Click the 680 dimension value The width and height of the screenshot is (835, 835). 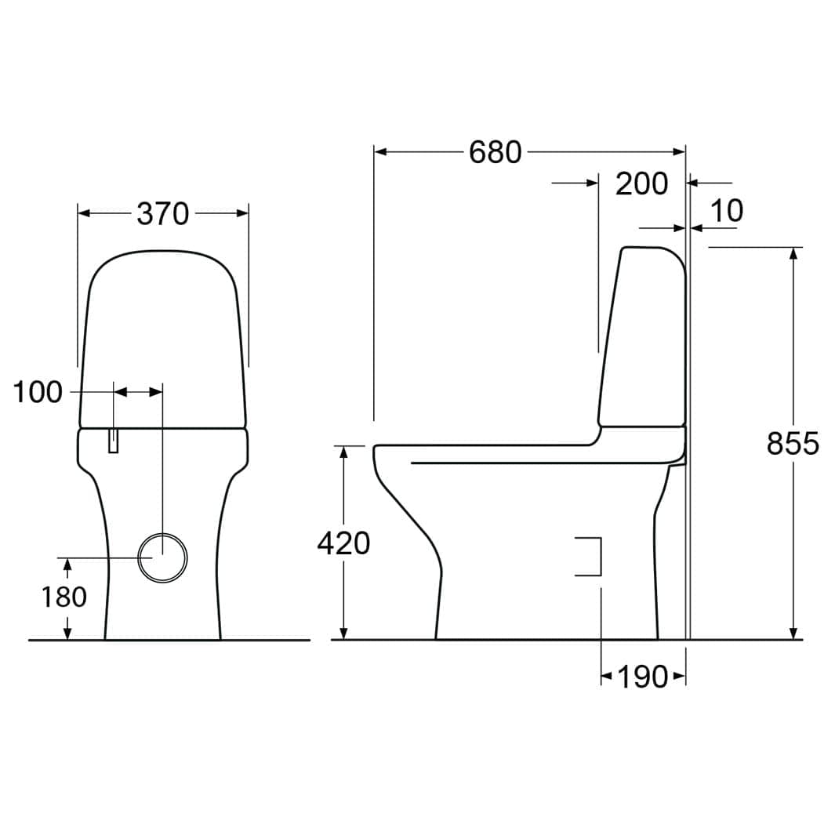coord(495,152)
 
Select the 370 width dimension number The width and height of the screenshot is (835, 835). coord(163,213)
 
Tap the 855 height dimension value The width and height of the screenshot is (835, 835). coord(793,443)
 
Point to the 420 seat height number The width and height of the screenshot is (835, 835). coord(343,543)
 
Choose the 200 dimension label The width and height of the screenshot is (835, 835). coord(641,184)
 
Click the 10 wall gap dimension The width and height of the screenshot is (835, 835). coord(727,211)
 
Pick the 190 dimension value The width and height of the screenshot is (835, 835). coord(643,677)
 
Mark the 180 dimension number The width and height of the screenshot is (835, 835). coord(64,597)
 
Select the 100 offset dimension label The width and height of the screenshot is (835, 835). coord(38,393)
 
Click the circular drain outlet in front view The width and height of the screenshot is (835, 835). coord(162,557)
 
